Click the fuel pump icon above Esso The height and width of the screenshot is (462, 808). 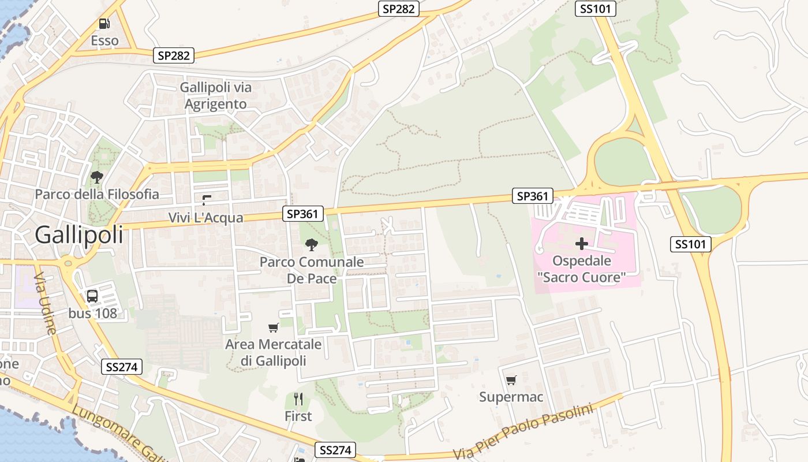coord(104,24)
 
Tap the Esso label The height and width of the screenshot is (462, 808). coord(104,40)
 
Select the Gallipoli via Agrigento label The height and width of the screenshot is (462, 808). coord(216,96)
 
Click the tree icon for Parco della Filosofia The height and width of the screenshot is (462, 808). coord(97,177)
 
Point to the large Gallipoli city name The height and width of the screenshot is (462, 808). coord(79,235)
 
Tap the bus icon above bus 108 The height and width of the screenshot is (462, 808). coord(92,296)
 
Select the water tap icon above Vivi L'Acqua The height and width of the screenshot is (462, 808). coord(206,200)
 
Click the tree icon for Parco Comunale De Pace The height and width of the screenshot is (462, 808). coord(312,245)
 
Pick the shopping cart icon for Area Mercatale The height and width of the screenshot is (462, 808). coord(274,327)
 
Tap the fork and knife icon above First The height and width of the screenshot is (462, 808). coord(298,399)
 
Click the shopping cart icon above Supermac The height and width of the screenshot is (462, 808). coord(511,380)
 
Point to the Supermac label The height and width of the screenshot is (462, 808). coord(511,397)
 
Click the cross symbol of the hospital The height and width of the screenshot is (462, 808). coord(581,244)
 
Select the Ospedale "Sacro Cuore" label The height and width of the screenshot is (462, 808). coord(581,269)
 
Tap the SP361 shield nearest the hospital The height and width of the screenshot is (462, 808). coord(532,196)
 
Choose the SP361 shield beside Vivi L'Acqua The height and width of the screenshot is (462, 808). coord(303,214)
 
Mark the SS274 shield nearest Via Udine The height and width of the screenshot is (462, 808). coord(122,367)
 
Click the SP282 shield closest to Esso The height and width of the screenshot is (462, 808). coord(174,55)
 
